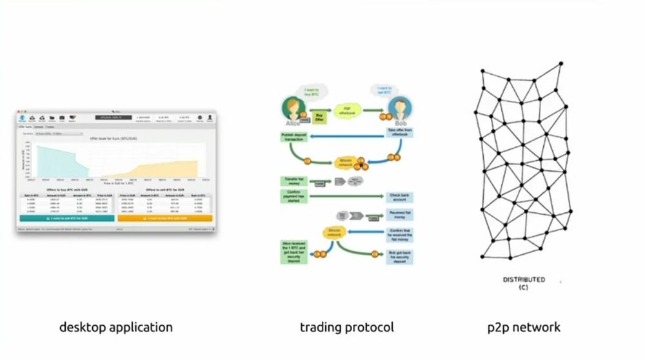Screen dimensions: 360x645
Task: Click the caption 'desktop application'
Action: [x=116, y=327]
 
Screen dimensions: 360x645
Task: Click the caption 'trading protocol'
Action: [x=346, y=327]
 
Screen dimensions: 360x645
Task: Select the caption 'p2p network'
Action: [x=524, y=327]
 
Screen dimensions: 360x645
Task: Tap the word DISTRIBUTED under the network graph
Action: [x=524, y=279]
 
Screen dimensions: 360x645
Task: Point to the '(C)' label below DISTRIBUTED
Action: [x=523, y=287]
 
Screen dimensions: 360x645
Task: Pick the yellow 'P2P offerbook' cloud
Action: [x=349, y=111]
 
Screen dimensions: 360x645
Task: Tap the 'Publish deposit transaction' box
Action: [x=294, y=137]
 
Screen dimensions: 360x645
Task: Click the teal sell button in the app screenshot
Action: [x=67, y=218]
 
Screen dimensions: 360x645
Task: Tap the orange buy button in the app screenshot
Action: [x=166, y=218]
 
